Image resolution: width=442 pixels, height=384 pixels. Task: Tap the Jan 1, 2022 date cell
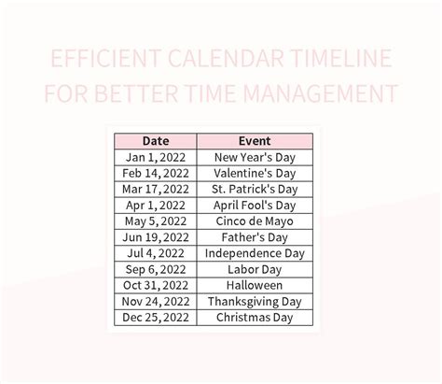pos(155,158)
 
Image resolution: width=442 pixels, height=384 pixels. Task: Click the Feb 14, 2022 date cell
pos(155,174)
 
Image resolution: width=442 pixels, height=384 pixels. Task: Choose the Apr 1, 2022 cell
pos(155,206)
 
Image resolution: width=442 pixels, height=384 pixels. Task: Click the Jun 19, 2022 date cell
pos(155,237)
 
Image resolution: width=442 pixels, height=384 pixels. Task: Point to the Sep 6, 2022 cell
pos(155,269)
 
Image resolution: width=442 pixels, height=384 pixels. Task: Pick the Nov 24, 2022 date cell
pos(155,301)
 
